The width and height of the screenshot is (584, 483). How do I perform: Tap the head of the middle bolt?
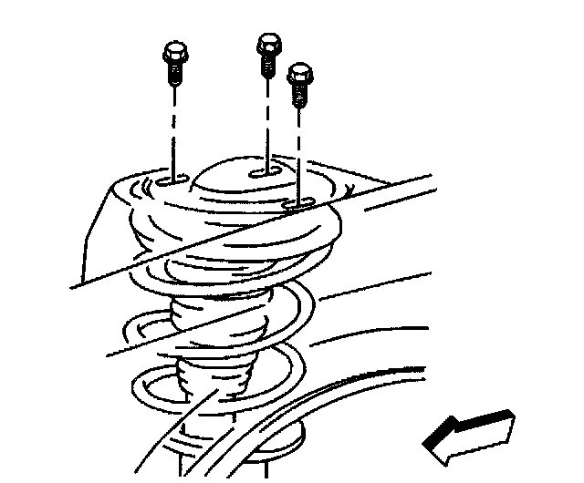click(268, 42)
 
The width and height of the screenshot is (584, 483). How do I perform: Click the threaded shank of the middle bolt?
click(268, 64)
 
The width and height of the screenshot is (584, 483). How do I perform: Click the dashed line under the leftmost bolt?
click(173, 128)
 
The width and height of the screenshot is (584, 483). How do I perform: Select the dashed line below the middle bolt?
click(268, 118)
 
